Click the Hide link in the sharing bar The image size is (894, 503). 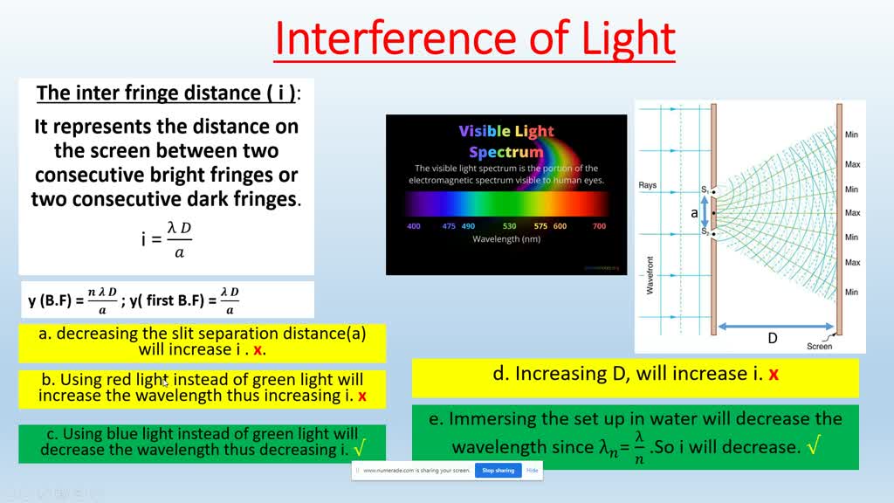[x=533, y=470]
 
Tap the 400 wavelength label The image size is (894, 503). [x=414, y=226]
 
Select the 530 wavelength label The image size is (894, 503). [x=510, y=226]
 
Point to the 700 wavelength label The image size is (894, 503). [x=599, y=226]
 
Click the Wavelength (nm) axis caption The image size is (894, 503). [x=506, y=238]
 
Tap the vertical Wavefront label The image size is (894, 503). [x=650, y=274]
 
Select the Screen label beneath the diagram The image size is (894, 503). [x=819, y=347]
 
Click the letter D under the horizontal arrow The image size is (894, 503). [x=772, y=339]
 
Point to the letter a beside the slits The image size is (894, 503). [x=695, y=212]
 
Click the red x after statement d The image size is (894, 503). [x=774, y=375]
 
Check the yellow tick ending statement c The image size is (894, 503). [x=360, y=449]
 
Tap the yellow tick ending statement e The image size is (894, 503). [x=814, y=447]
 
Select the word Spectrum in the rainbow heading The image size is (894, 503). [x=506, y=151]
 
